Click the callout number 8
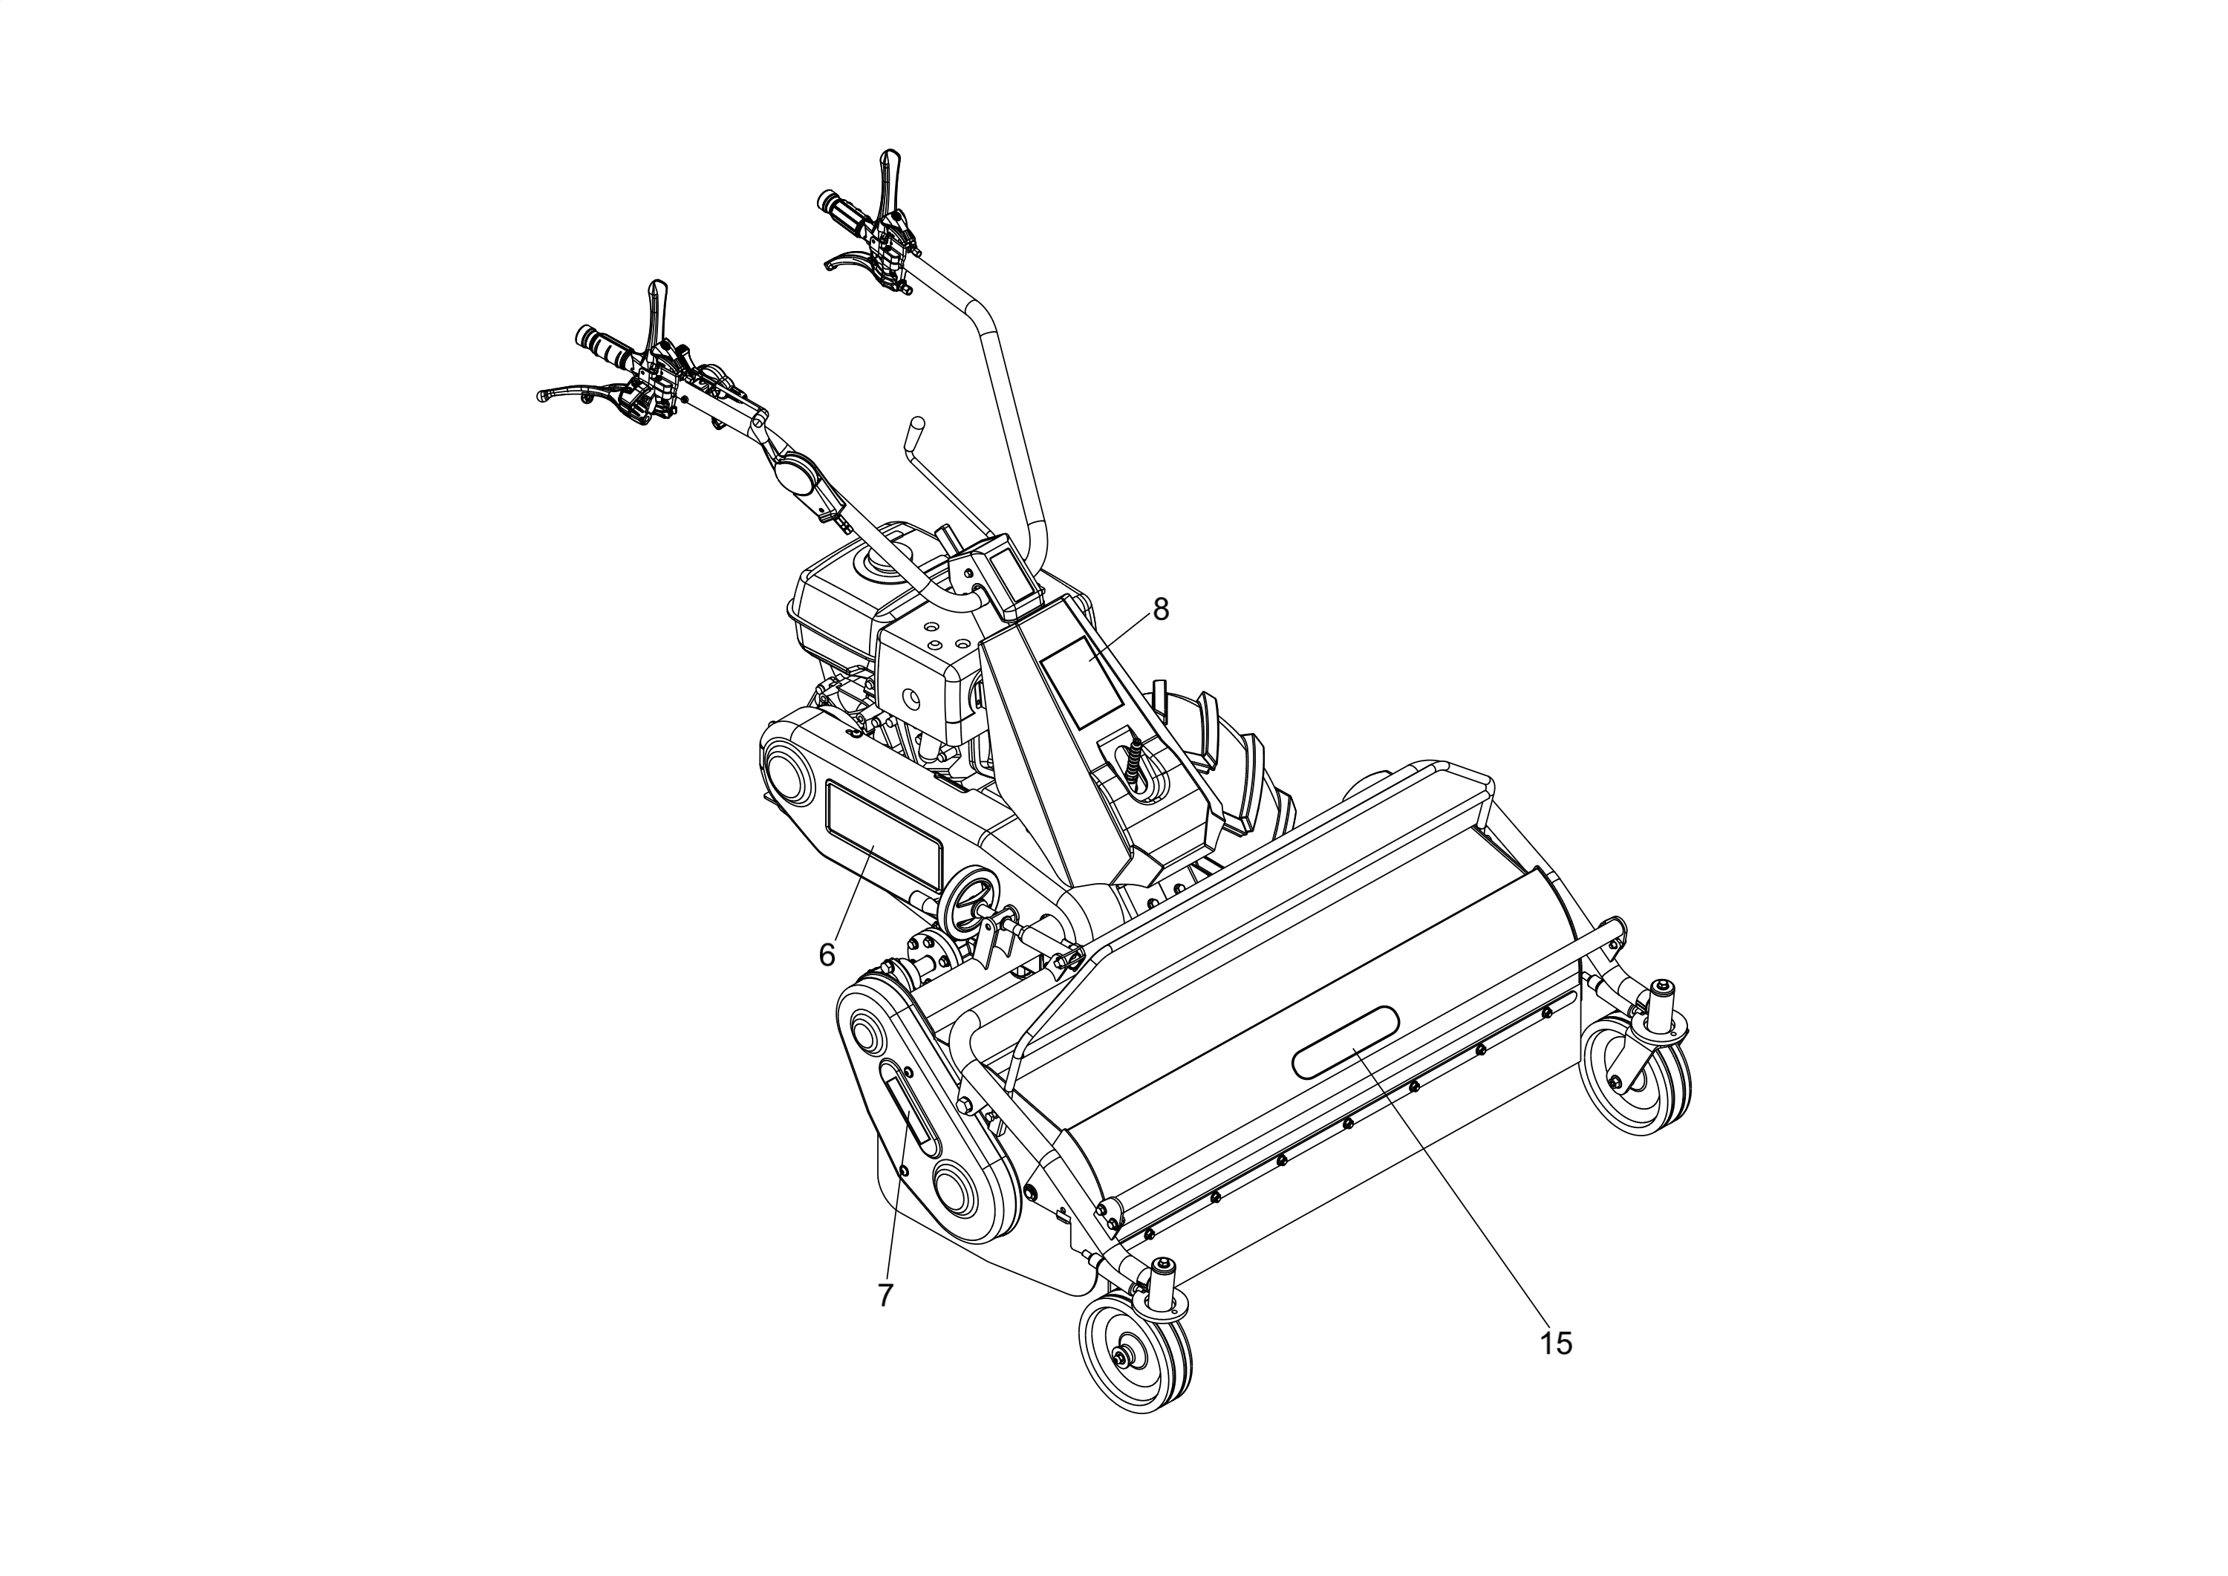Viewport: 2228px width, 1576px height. click(1161, 610)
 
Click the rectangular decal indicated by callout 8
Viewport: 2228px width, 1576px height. click(1082, 683)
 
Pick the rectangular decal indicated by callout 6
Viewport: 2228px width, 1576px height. click(882, 839)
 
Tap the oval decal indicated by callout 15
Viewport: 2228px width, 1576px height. click(1346, 1041)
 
